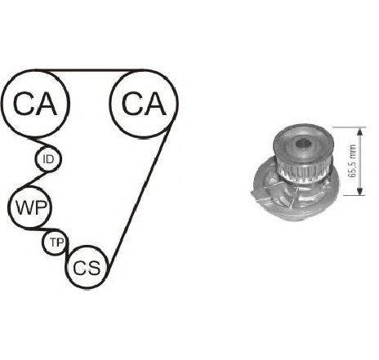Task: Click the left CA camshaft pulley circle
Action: point(2,104)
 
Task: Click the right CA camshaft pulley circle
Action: point(110,104)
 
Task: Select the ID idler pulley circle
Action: point(36,159)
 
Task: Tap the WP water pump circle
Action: point(9,207)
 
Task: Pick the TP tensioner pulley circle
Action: point(42,242)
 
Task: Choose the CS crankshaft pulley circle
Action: point(66,268)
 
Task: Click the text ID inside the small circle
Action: point(48,159)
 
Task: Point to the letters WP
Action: point(30,207)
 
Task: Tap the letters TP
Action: point(57,242)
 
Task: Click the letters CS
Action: point(87,268)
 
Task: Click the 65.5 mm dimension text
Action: point(352,161)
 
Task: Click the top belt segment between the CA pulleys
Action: point(90,70)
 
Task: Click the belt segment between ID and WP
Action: point(34,179)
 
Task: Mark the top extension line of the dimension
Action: point(349,127)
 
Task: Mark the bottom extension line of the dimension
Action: point(354,195)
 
